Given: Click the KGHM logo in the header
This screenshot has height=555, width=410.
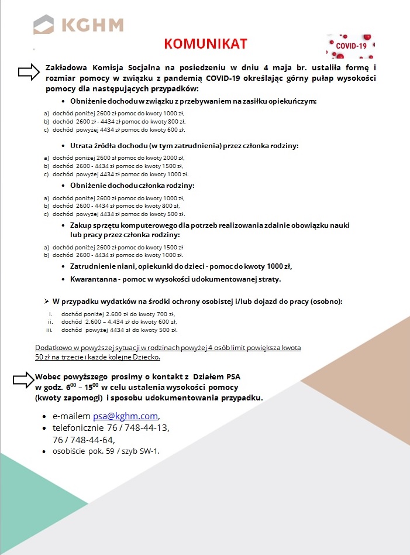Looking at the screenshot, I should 78,25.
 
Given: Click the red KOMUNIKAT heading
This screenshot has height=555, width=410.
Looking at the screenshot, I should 205,44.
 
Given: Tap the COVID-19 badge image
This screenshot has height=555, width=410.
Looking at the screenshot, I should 350,46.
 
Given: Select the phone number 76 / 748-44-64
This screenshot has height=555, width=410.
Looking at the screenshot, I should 83,440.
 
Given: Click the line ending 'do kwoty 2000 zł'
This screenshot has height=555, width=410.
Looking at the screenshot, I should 119,157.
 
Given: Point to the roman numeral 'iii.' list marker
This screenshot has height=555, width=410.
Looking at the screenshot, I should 50,330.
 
